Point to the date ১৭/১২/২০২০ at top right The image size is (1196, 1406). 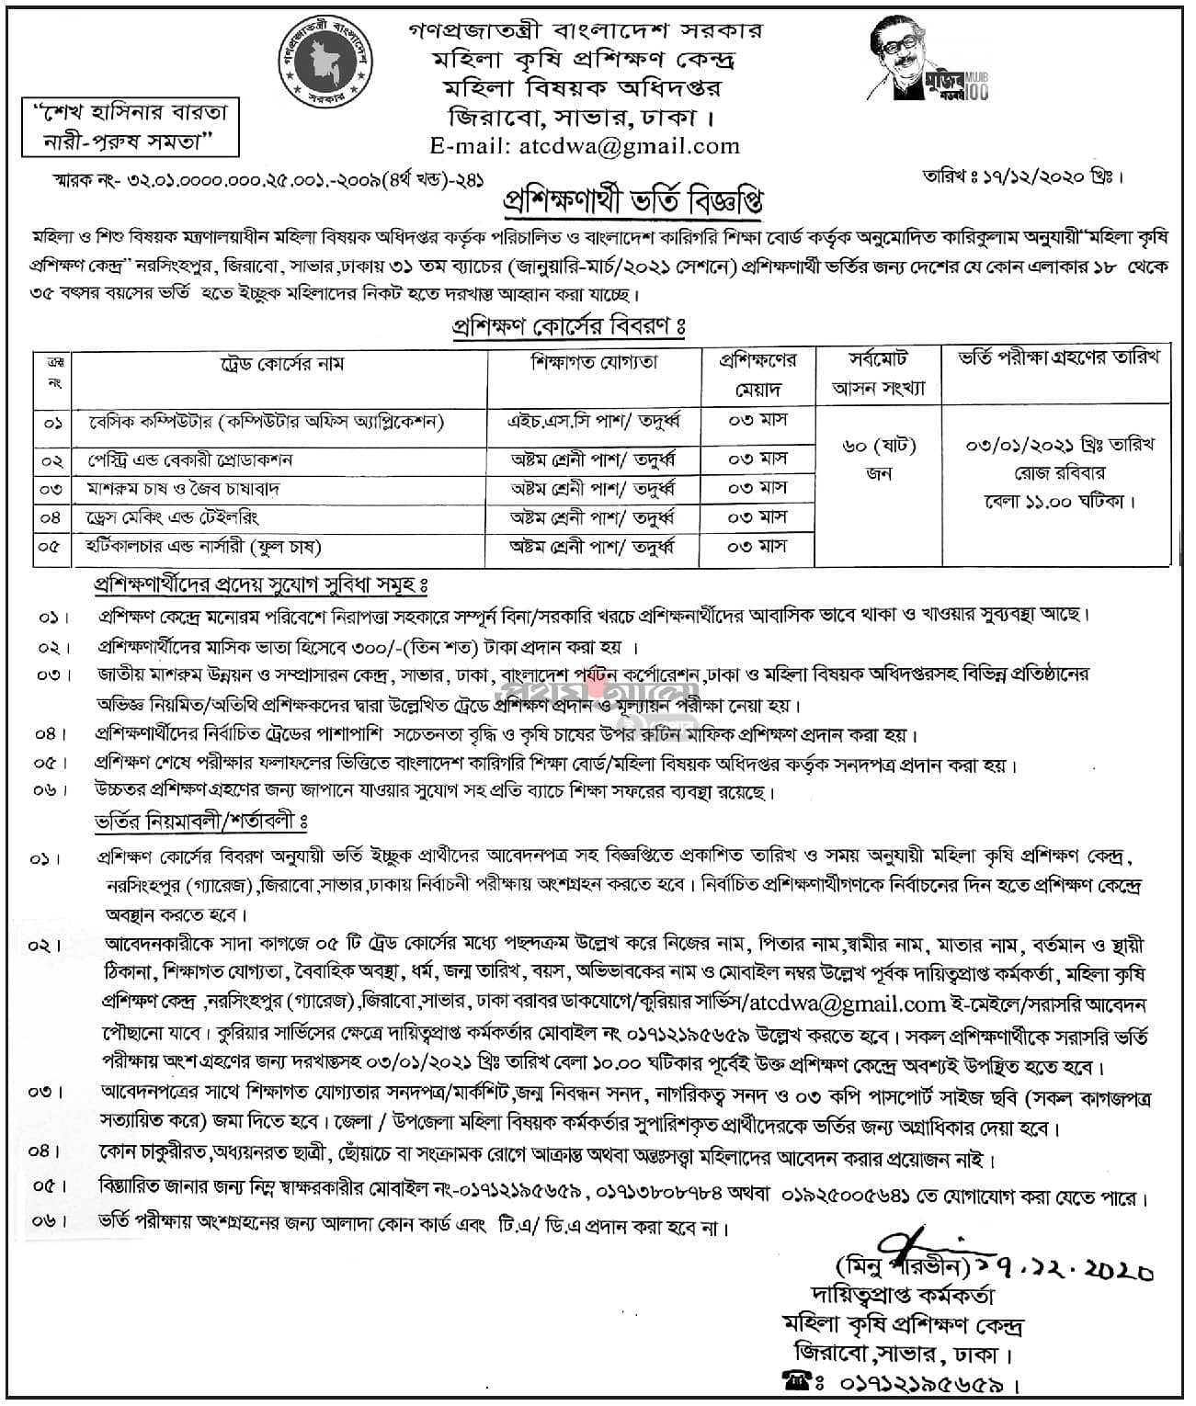pyautogui.click(x=1057, y=176)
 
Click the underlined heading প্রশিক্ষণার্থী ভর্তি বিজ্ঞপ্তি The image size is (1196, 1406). pyautogui.click(x=632, y=199)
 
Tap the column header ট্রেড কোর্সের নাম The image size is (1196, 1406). pyautogui.click(x=279, y=364)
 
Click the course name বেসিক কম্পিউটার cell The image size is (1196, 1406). pyautogui.click(x=267, y=423)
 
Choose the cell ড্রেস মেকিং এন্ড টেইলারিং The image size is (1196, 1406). pyautogui.click(x=188, y=517)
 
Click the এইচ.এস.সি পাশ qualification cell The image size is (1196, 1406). pyautogui.click(x=595, y=422)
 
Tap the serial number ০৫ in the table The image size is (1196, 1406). pyautogui.click(x=51, y=548)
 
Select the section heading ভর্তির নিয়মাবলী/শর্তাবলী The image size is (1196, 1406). pyautogui.click(x=199, y=822)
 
